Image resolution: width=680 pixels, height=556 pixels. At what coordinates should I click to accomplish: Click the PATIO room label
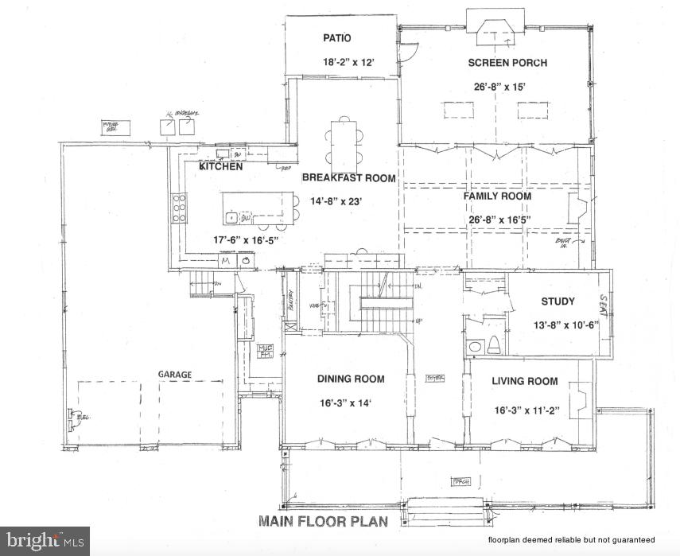point(337,37)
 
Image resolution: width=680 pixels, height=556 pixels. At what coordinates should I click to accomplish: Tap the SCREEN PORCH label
point(507,63)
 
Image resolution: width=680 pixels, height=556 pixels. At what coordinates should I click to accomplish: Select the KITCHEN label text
point(220,167)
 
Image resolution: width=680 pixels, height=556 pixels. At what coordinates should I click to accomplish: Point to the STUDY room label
point(558,301)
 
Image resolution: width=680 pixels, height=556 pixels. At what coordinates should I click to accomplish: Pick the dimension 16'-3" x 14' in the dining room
point(351,402)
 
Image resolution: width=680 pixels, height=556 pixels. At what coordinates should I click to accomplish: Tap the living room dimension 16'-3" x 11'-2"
point(527,410)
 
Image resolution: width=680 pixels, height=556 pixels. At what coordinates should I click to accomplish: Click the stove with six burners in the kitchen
point(180,208)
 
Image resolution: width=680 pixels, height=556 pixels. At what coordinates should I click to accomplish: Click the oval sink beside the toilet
point(475,347)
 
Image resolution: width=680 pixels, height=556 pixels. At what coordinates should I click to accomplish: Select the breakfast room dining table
point(343,144)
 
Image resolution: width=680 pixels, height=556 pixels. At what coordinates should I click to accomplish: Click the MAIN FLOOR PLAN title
point(323,522)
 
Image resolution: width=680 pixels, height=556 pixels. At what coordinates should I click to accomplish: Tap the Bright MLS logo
point(45,541)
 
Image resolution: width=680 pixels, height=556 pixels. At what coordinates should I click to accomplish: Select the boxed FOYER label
point(435,377)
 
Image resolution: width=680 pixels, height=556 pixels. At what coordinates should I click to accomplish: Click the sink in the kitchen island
point(231,216)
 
